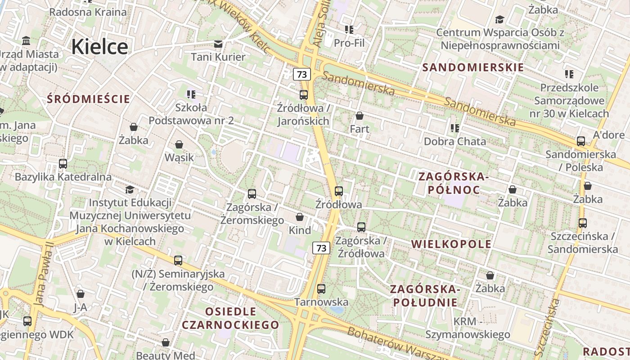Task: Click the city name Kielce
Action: (99, 46)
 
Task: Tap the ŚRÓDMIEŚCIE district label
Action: (88, 99)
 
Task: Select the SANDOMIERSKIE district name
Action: (473, 67)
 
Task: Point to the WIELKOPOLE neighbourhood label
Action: (451, 244)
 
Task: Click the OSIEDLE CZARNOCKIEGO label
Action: (230, 318)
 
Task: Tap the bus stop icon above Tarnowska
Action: (321, 289)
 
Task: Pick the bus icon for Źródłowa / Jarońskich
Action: (304, 95)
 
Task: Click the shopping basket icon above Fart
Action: (359, 116)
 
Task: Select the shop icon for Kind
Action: (300, 217)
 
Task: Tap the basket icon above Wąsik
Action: (179, 144)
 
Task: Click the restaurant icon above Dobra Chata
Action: (455, 128)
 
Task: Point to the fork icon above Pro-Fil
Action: (349, 30)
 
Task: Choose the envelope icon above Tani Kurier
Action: (218, 44)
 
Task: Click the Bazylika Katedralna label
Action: (63, 177)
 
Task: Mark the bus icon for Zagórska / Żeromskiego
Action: (252, 194)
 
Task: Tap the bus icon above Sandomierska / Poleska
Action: (581, 141)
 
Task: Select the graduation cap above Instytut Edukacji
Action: (130, 190)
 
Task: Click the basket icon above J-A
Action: (81, 294)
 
